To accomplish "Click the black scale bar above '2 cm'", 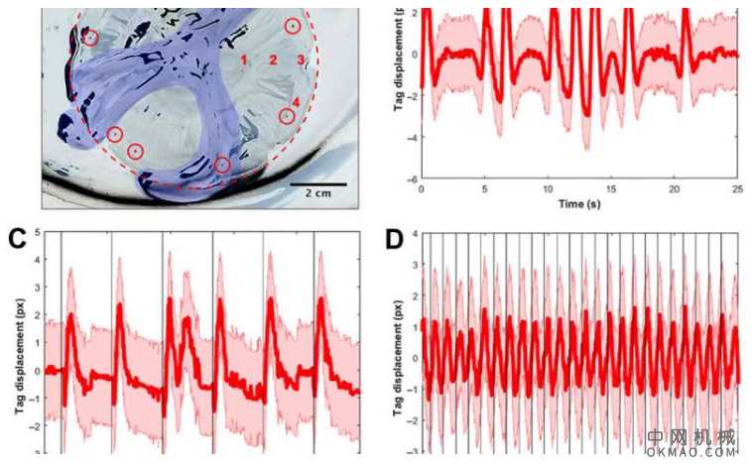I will [x=317, y=183].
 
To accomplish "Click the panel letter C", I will [x=15, y=237].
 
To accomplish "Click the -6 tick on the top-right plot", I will [x=411, y=179].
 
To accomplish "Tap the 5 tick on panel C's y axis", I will [x=37, y=232].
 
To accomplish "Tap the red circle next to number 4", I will [x=286, y=116].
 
